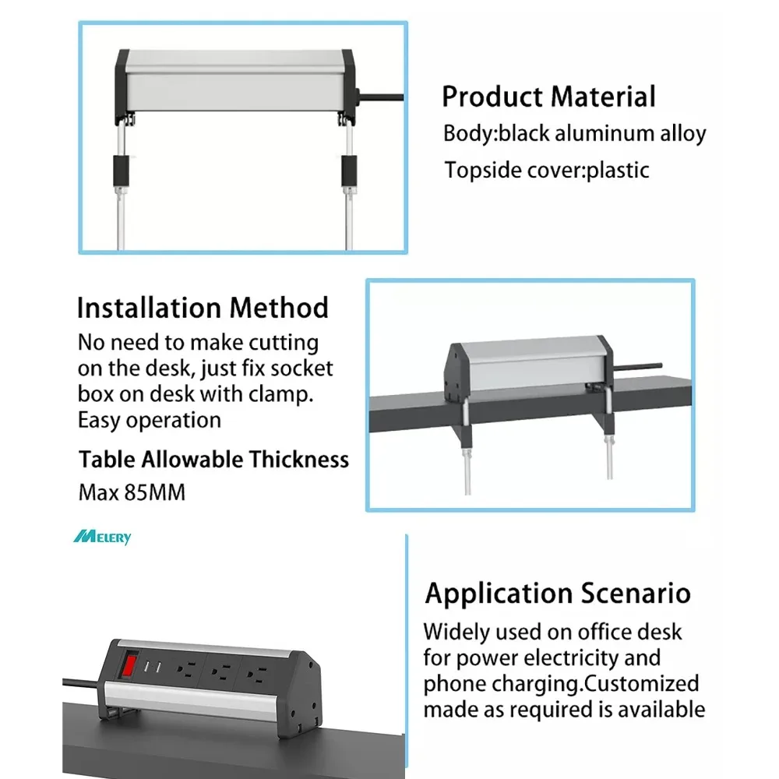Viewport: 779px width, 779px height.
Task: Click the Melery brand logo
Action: coord(102,537)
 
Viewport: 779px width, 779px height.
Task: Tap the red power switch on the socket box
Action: coord(129,665)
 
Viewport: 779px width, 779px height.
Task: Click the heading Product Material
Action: coord(548,97)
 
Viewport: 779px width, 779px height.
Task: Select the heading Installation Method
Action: coord(203,308)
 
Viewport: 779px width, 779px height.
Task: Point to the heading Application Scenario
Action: coord(558,593)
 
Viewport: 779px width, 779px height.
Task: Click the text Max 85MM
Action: coord(132,492)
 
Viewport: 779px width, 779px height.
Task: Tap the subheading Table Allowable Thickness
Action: coord(213,460)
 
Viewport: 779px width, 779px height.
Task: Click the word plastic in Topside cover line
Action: coord(618,171)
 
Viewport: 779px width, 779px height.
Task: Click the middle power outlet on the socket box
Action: coord(220,672)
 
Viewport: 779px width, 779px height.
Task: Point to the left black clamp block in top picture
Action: coord(121,171)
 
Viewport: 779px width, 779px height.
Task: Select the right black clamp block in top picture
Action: coord(348,171)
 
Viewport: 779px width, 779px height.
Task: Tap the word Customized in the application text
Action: coord(641,683)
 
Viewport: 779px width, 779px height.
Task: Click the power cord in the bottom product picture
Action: coord(82,684)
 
